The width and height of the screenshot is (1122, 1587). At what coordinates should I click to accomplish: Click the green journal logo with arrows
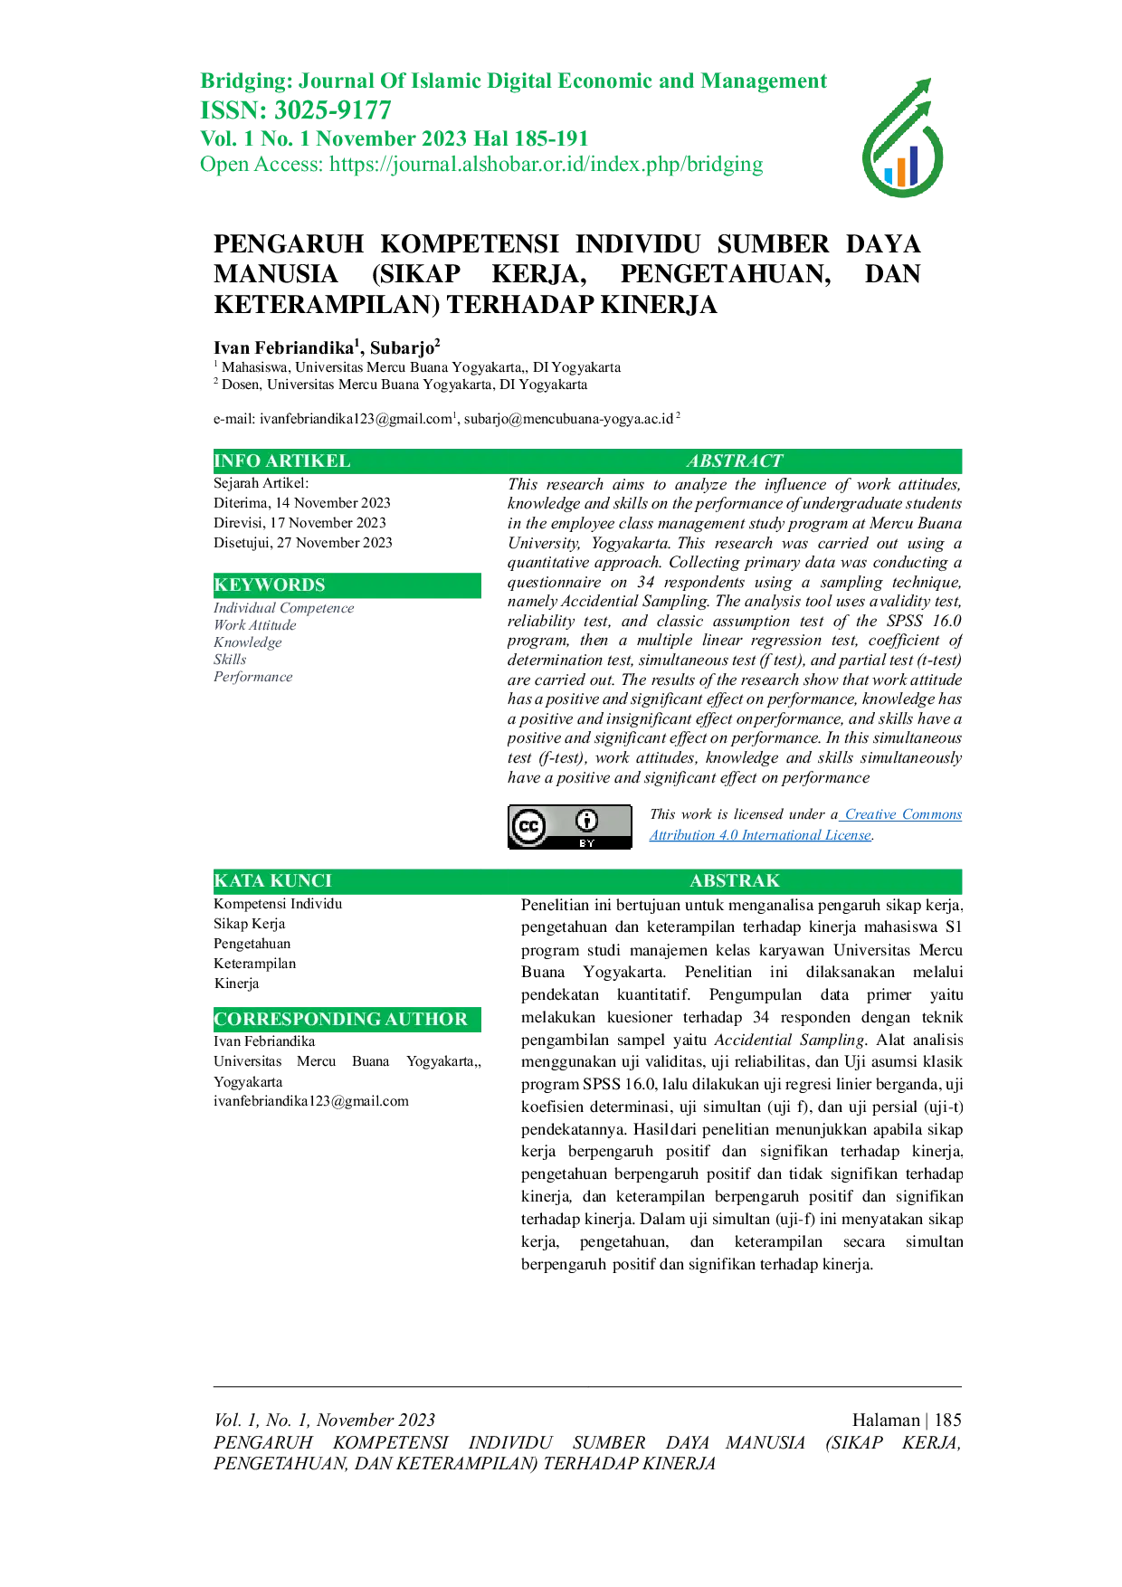pyautogui.click(x=902, y=138)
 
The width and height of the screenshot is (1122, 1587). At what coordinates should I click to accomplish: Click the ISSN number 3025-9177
pyautogui.click(x=333, y=110)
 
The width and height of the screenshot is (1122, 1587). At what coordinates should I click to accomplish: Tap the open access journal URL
pyautogui.click(x=547, y=165)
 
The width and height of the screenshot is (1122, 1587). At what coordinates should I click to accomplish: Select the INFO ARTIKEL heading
pyautogui.click(x=281, y=461)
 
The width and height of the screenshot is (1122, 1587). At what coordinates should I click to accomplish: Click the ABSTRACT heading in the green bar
pyautogui.click(x=734, y=461)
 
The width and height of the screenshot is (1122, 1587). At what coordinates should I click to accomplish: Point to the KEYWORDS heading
pyautogui.click(x=269, y=584)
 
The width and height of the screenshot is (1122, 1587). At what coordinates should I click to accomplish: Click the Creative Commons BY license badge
pyautogui.click(x=570, y=826)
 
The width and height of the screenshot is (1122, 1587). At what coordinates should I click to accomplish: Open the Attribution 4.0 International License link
pyautogui.click(x=760, y=835)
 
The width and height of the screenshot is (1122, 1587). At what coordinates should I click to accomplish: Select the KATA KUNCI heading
pyautogui.click(x=272, y=880)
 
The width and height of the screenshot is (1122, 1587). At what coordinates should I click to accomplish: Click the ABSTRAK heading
pyautogui.click(x=735, y=880)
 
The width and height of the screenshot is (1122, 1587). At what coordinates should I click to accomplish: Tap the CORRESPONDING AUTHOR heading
pyautogui.click(x=340, y=1019)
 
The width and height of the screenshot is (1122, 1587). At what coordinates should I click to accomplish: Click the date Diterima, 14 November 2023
pyautogui.click(x=302, y=503)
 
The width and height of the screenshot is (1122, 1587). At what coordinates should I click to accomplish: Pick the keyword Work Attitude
pyautogui.click(x=255, y=625)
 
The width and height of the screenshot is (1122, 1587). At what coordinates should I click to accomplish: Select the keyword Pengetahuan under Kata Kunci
pyautogui.click(x=252, y=944)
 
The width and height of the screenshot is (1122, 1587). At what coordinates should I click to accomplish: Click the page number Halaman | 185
pyautogui.click(x=907, y=1420)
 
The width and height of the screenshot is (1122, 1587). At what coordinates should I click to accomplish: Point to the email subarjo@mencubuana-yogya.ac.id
pyautogui.click(x=568, y=418)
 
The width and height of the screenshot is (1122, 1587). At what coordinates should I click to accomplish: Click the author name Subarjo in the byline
pyautogui.click(x=402, y=347)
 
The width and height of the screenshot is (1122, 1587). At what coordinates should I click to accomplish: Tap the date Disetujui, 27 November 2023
pyautogui.click(x=303, y=543)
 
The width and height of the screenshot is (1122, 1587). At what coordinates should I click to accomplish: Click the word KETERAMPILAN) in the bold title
pyautogui.click(x=327, y=305)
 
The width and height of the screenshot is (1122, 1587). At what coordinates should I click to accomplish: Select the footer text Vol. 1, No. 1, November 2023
pyautogui.click(x=324, y=1420)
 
